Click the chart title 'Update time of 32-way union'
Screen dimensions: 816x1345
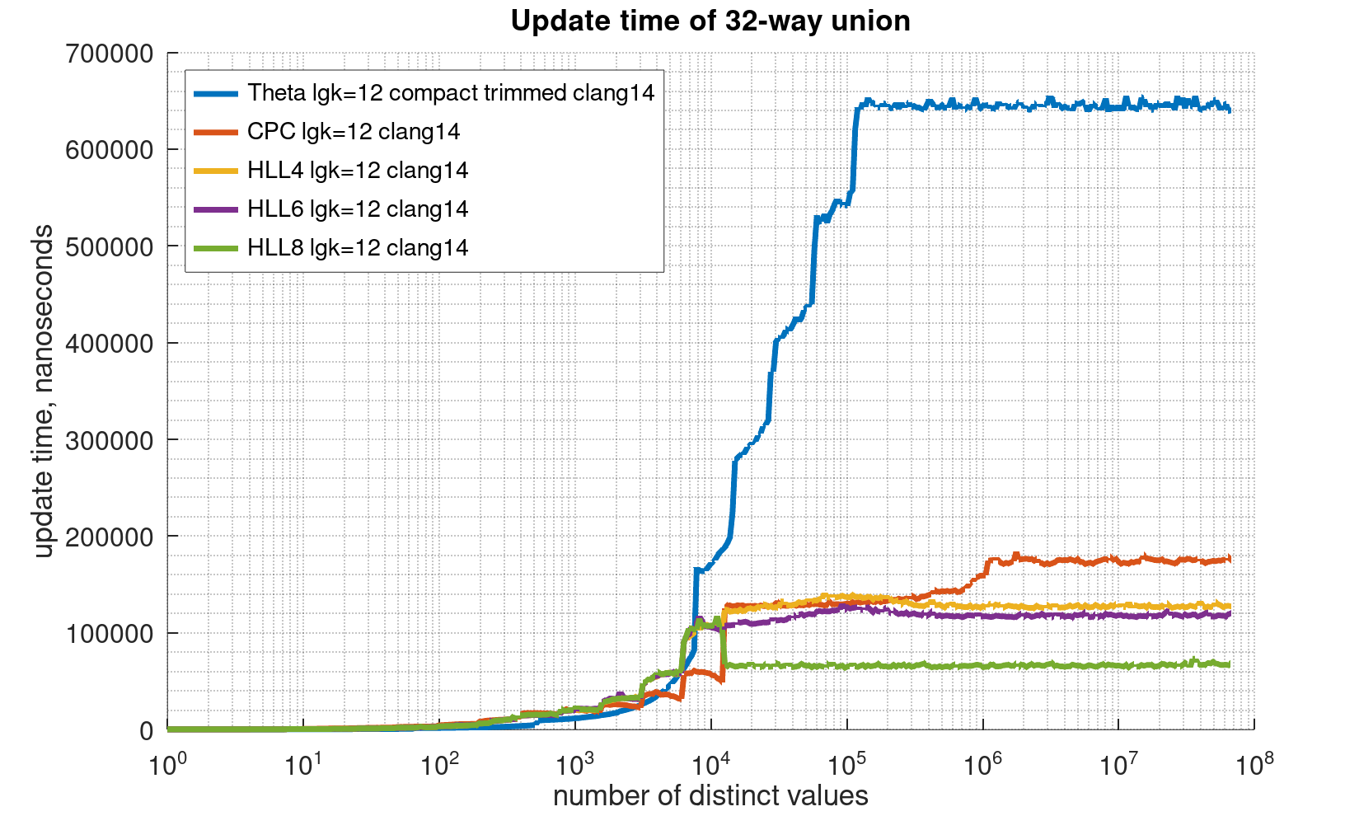[x=710, y=21]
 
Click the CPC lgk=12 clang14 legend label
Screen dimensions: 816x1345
[x=354, y=131]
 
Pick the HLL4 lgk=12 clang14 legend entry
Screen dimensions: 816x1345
[x=358, y=170]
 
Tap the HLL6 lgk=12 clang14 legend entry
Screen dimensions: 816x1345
[x=358, y=209]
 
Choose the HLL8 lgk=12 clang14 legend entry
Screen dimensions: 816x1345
[x=358, y=247]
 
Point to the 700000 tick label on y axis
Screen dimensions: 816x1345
[x=109, y=54]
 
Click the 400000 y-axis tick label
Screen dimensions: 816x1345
[x=109, y=344]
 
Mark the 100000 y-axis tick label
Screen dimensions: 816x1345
[x=109, y=634]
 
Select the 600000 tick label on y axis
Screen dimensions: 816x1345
[x=109, y=150]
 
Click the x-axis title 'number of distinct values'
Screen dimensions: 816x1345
[x=710, y=796]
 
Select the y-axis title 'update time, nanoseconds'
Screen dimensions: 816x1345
[x=45, y=392]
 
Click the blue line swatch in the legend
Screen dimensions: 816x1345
[x=216, y=93]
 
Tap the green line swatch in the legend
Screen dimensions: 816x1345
[x=216, y=247]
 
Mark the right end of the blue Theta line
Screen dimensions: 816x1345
[x=1230, y=110]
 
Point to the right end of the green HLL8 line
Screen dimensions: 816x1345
[x=1230, y=664]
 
